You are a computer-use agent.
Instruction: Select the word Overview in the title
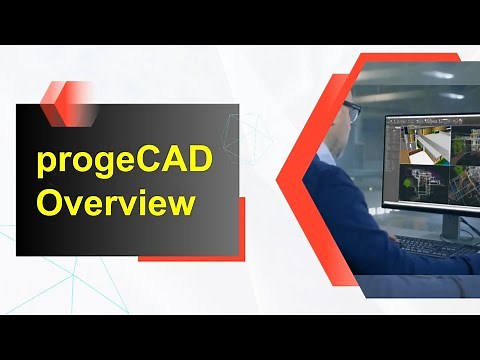pyautogui.click(x=115, y=203)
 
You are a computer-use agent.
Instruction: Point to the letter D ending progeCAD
pyautogui.click(x=200, y=159)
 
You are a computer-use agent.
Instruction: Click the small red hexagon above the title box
pyautogui.click(x=63, y=95)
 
